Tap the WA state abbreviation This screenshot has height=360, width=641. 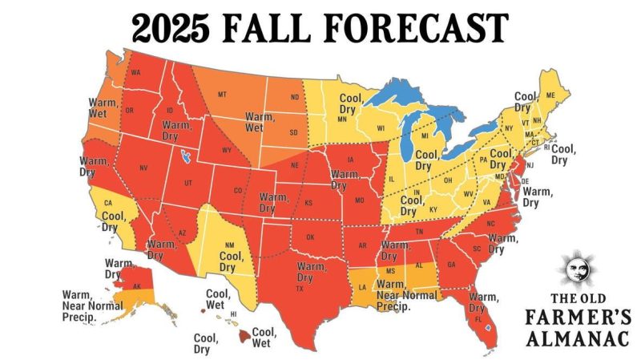point(135,73)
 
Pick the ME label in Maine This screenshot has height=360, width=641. point(550,95)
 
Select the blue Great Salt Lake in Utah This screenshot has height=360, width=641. point(186,156)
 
